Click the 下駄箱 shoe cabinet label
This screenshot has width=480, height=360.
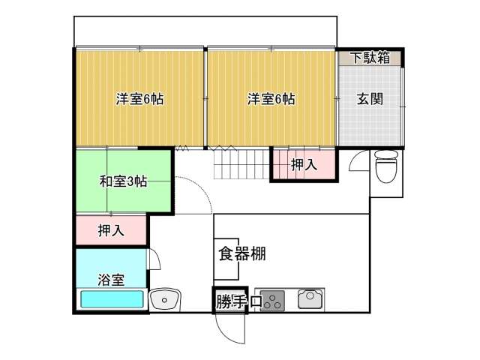click(370, 57)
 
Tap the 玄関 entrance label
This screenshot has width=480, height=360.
click(370, 98)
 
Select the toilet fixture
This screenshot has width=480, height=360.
click(387, 166)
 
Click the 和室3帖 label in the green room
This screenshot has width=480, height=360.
click(123, 181)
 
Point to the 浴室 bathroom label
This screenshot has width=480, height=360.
click(111, 280)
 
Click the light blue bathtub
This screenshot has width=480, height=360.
click(112, 299)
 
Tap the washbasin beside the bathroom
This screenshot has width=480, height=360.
click(165, 299)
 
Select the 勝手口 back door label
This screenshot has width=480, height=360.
click(238, 301)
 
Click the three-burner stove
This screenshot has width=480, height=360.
click(272, 301)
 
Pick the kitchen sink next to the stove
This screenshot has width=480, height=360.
click(310, 299)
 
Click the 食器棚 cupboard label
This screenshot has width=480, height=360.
click(242, 253)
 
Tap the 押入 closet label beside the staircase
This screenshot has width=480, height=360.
click(304, 165)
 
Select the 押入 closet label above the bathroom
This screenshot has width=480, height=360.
click(111, 230)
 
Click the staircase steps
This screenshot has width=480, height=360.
click(241, 164)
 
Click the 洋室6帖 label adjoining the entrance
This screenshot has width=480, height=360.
click(271, 99)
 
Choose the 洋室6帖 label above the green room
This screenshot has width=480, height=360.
click(139, 99)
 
